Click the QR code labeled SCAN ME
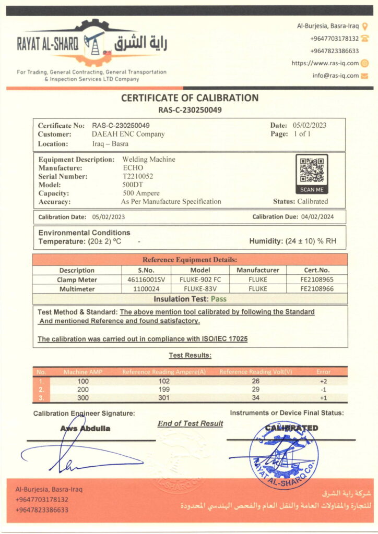click(312, 171)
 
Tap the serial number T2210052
click(138, 176)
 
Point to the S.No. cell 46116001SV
click(147, 280)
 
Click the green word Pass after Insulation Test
click(219, 299)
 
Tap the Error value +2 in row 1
click(324, 381)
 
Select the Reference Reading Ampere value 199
click(164, 390)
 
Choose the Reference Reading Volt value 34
click(256, 398)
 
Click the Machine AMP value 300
click(82, 398)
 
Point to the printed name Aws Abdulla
click(85, 428)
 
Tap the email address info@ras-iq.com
click(336, 75)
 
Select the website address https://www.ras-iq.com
click(325, 63)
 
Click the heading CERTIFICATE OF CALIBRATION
click(190, 98)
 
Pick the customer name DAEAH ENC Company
click(128, 134)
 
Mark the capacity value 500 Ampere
click(141, 193)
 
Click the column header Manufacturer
click(258, 270)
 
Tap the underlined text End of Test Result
click(190, 423)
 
